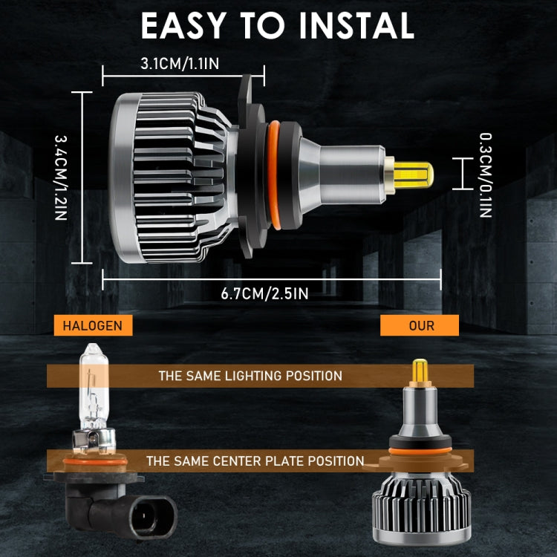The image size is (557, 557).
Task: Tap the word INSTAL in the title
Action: (x=356, y=27)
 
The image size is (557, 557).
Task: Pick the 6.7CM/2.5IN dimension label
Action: (x=264, y=293)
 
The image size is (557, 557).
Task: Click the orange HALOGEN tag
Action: (x=88, y=325)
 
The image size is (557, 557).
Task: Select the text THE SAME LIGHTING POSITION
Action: (x=250, y=376)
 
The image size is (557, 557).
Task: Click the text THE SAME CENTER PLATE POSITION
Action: (x=255, y=461)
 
